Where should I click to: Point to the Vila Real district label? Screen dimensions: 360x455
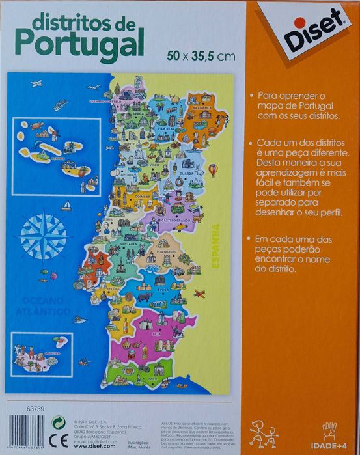point(165,129)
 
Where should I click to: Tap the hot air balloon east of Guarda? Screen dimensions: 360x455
point(213,171)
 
